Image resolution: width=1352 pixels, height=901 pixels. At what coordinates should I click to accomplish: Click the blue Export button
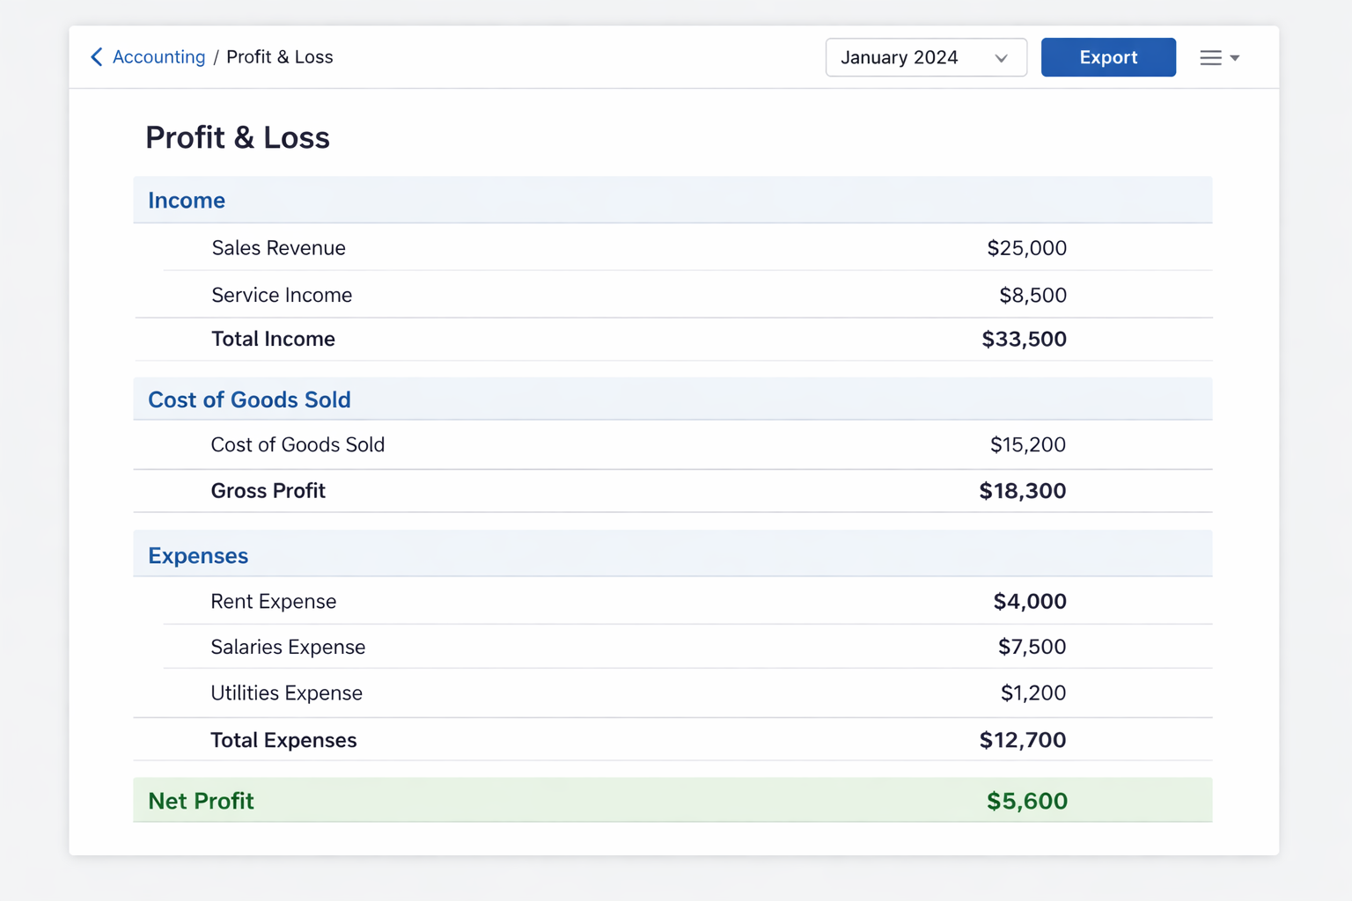pos(1108,57)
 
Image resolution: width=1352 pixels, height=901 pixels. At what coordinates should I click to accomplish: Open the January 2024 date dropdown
pos(925,57)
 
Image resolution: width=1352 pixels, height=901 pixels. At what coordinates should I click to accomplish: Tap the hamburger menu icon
pos(1211,58)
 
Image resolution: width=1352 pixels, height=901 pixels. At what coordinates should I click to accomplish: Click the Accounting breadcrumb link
pos(158,57)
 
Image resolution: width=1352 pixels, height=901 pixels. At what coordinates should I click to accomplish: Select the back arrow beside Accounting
pos(97,57)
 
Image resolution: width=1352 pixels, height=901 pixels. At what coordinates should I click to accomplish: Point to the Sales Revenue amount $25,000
pos(1026,248)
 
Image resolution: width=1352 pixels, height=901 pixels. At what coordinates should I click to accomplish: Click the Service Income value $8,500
pos(1032,296)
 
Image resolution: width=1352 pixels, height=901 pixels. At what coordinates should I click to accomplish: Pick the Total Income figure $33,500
pos(1024,340)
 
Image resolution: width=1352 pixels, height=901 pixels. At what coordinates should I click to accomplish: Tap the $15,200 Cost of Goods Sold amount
pos(1027,445)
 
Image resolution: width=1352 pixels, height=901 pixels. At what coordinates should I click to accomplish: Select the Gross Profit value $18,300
pos(1022,491)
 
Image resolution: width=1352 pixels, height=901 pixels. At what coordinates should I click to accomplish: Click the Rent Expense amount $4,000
pos(1029,602)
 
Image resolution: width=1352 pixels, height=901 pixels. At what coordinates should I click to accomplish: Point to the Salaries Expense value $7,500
pos(1032,648)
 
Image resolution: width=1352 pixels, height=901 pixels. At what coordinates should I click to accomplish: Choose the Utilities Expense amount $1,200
pos(1032,693)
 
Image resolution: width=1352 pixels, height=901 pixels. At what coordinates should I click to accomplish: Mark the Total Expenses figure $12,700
pos(1022,741)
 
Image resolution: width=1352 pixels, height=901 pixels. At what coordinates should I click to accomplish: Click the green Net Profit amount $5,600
pos(1026,802)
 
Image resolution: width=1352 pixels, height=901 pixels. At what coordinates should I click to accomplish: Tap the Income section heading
pos(187,201)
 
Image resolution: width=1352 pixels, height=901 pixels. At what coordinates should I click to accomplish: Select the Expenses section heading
pos(198,556)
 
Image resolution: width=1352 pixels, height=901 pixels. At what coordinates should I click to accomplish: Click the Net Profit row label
pos(201,802)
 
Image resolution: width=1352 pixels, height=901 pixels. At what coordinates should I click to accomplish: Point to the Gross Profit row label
pos(268,491)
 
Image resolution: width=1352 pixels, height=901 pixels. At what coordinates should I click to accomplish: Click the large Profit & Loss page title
pos(238,138)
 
